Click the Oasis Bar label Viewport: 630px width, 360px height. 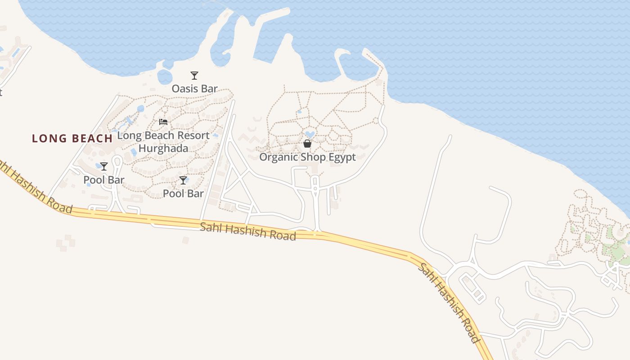click(x=194, y=89)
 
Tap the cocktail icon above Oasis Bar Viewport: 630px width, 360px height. click(x=194, y=76)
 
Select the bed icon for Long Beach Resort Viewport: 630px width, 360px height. click(x=163, y=122)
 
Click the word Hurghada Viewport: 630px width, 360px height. click(x=163, y=148)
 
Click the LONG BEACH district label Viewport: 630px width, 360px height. click(x=72, y=139)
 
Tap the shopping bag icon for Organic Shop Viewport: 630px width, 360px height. click(x=307, y=144)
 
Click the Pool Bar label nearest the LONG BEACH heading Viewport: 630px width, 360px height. click(x=104, y=180)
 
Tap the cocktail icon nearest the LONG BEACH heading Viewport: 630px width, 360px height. click(x=104, y=166)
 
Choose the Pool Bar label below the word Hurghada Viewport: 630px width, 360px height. click(x=183, y=193)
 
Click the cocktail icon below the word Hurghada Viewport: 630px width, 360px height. click(x=183, y=180)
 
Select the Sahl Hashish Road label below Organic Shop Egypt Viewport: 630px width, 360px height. click(x=248, y=231)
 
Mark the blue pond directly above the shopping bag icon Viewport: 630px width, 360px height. click(x=310, y=134)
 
